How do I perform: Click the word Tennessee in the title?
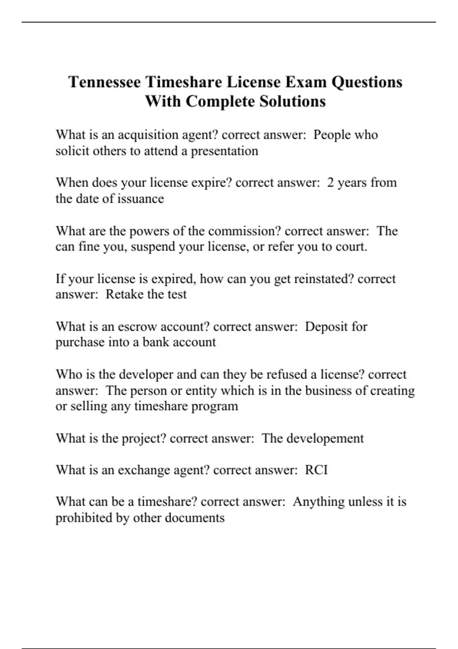(x=105, y=82)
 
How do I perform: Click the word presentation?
(x=224, y=151)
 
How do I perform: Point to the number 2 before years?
(x=331, y=182)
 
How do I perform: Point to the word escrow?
(x=137, y=327)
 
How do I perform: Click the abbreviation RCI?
(x=316, y=470)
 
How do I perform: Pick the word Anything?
(x=319, y=502)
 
